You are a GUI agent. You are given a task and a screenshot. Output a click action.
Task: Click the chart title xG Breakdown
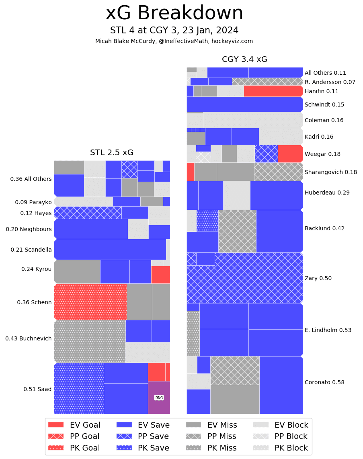174,13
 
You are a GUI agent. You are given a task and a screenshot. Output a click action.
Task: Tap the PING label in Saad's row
159,398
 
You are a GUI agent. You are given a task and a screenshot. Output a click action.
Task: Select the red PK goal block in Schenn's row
90,302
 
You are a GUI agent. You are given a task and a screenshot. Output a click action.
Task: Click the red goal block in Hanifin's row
273,91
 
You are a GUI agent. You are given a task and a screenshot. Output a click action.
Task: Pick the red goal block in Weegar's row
290,154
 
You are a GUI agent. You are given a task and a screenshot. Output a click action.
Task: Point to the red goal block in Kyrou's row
160,275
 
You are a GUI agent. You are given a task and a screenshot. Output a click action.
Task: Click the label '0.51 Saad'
37,389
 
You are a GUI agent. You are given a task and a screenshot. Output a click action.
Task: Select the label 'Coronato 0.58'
324,382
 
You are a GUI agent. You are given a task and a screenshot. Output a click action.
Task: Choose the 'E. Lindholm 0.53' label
328,330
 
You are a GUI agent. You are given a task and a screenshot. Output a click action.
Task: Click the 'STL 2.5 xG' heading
112,153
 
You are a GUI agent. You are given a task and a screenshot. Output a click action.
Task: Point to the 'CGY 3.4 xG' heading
244,59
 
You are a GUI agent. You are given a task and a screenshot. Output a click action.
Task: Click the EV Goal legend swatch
56,425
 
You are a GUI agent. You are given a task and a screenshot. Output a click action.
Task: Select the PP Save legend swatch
124,436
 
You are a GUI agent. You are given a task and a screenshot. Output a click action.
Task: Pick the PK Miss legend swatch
194,448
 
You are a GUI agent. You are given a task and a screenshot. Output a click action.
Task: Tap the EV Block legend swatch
261,425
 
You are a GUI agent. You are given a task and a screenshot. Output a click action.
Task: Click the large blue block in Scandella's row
110,249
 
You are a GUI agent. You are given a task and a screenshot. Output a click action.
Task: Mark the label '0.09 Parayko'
33,202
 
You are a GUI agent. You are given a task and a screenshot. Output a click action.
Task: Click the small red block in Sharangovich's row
190,172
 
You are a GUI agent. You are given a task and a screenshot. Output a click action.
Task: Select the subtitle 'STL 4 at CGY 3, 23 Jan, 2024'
174,31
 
